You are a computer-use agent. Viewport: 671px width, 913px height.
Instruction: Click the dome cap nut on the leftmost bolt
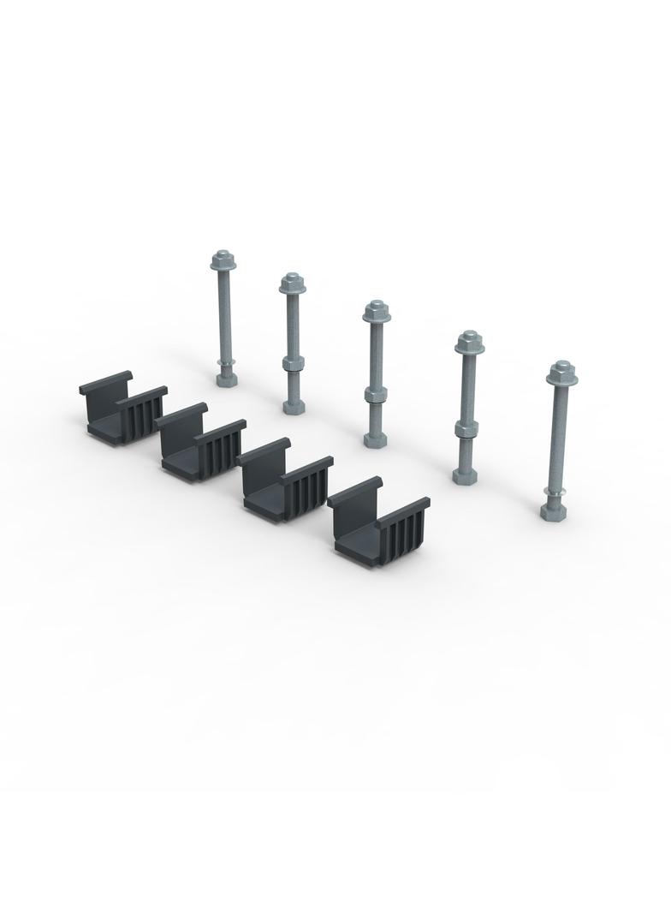tap(223, 260)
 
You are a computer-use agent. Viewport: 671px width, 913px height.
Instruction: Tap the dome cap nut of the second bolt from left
tap(293, 283)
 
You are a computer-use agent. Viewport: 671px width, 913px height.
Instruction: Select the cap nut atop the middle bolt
tap(374, 311)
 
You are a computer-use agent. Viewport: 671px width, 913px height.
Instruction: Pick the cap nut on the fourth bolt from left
tap(466, 343)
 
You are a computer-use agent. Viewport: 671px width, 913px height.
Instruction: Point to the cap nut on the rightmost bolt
tap(561, 373)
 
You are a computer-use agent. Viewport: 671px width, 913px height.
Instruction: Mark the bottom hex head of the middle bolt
tap(374, 439)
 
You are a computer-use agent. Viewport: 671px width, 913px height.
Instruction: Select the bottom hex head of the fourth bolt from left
tap(465, 473)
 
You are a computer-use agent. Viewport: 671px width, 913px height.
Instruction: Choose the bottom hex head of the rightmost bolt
tap(554, 511)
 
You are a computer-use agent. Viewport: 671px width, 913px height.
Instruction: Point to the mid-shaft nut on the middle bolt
tap(373, 395)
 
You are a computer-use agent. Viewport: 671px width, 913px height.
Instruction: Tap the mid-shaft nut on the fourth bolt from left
tap(465, 427)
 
